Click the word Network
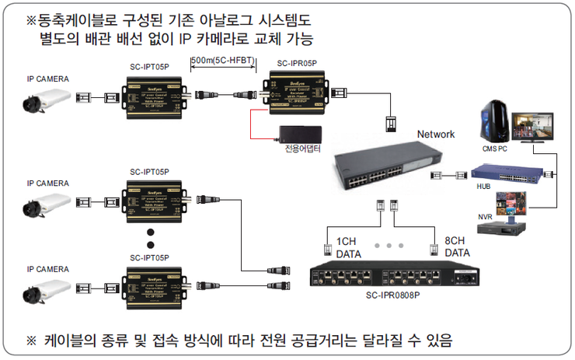(x=435, y=134)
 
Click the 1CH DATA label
(x=347, y=247)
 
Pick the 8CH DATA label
(x=457, y=247)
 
